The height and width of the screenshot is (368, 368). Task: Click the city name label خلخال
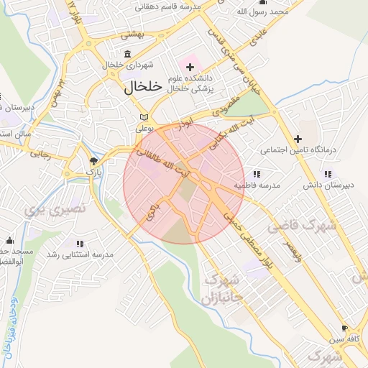click(139, 88)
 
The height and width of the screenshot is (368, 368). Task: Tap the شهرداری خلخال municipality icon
click(128, 54)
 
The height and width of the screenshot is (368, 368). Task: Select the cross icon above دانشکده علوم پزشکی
click(190, 67)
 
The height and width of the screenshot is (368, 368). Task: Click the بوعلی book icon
click(144, 117)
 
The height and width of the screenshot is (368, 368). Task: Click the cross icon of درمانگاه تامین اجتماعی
click(298, 138)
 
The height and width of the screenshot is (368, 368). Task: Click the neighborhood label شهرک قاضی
click(303, 226)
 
